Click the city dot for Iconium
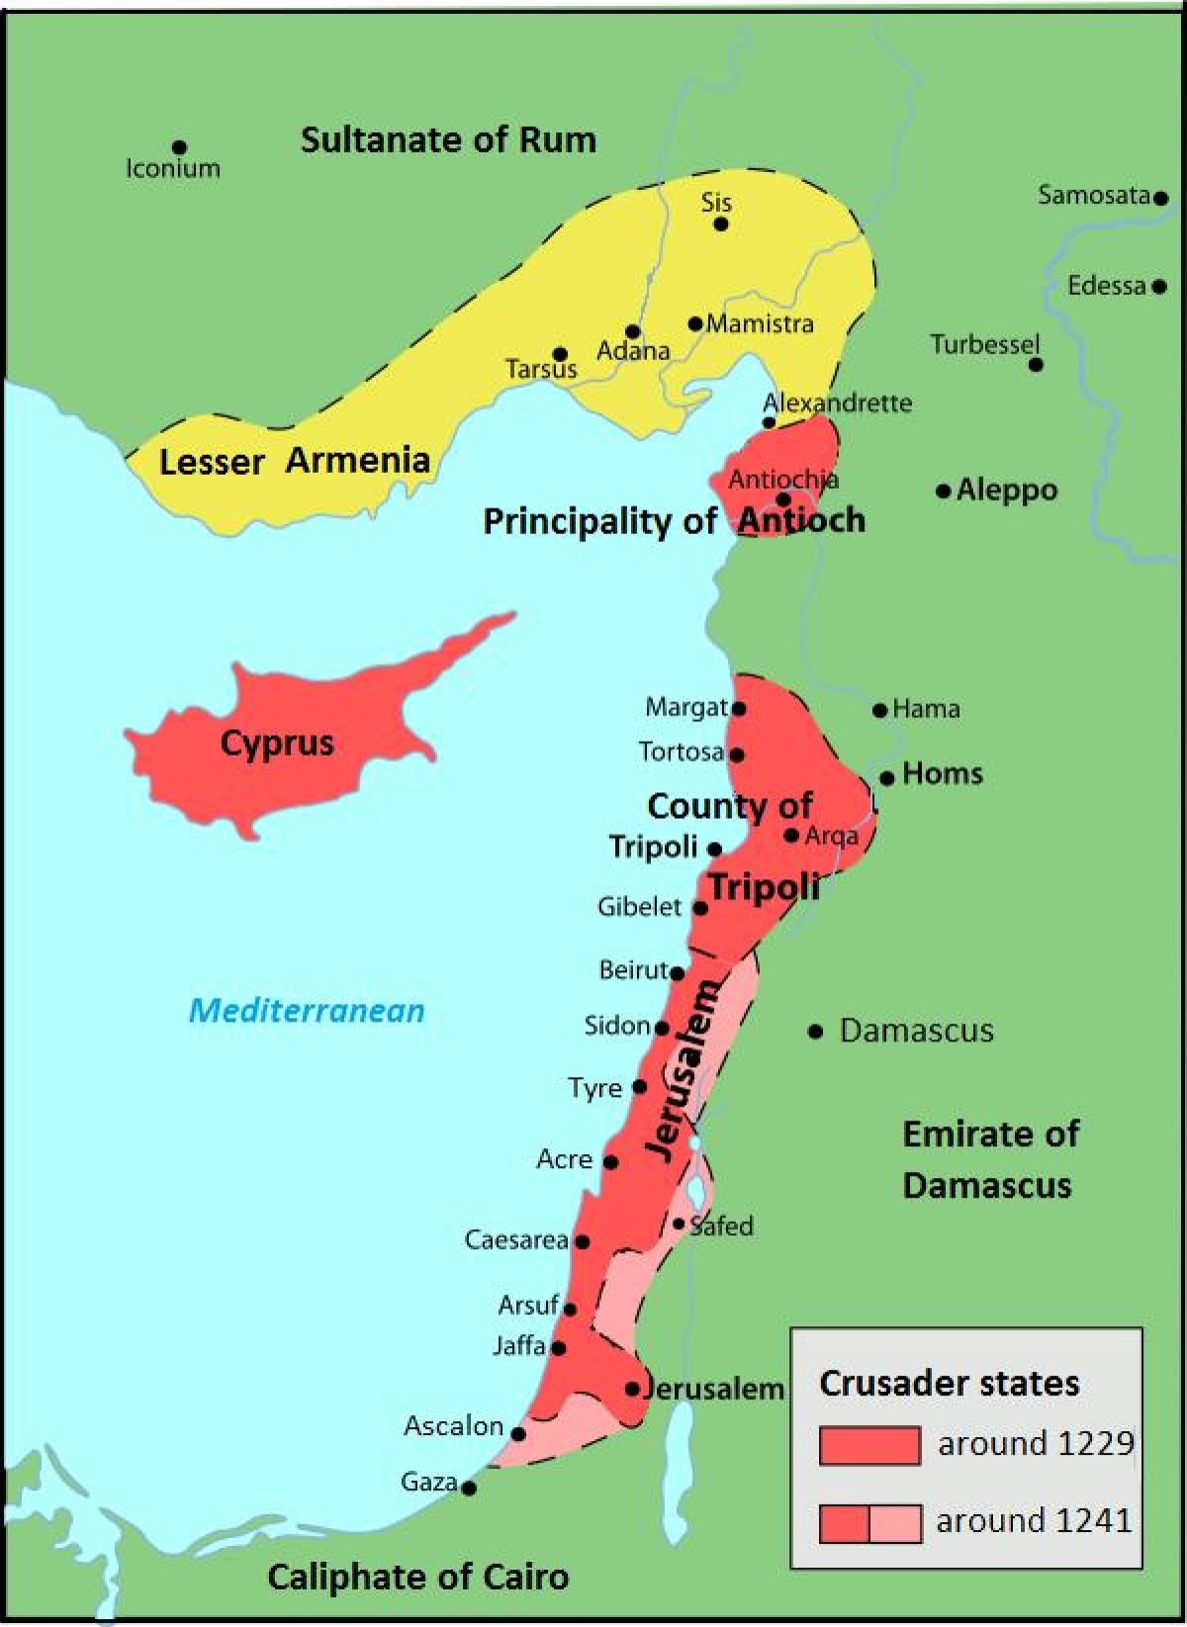(179, 148)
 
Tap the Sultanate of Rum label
(448, 139)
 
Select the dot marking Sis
(721, 224)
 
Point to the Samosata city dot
(1161, 198)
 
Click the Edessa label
(1106, 286)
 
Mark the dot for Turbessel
(1036, 365)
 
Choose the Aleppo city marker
(944, 491)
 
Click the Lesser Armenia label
(294, 461)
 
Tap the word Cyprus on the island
(277, 743)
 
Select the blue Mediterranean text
(307, 1010)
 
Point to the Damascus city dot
(815, 1032)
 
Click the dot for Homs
(887, 777)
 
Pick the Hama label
(926, 708)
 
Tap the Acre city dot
(610, 1162)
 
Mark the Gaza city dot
(469, 1488)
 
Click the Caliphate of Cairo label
(417, 1577)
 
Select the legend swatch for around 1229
(869, 1445)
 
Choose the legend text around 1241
(1034, 1520)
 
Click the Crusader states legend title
(949, 1383)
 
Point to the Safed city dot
(679, 1223)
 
